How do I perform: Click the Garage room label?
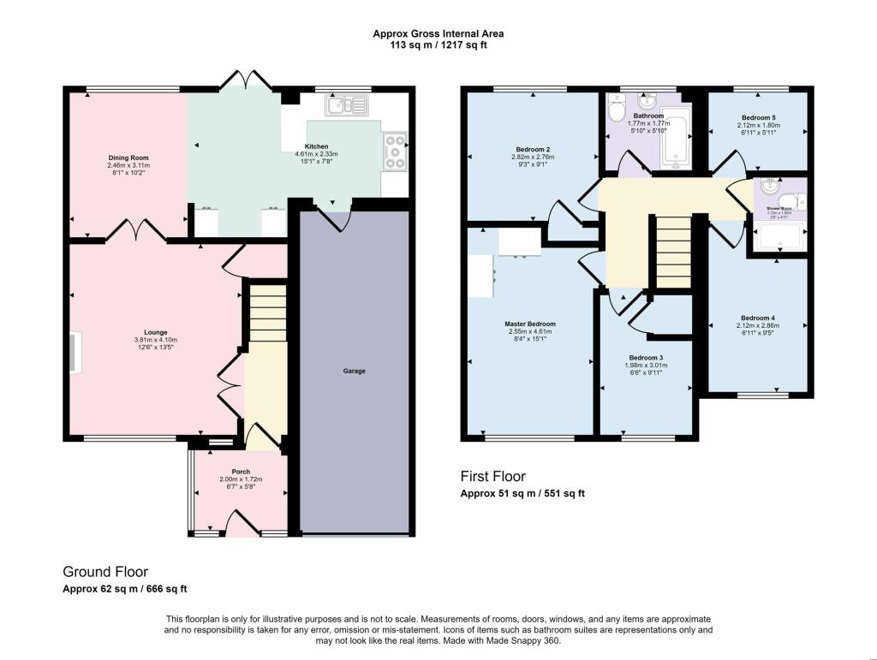(355, 371)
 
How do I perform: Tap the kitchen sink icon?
(345, 106)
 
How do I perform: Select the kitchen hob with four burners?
(396, 151)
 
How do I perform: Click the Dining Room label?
(128, 158)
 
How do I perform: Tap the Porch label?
(241, 471)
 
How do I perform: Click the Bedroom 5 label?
(758, 117)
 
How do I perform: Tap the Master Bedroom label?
(530, 324)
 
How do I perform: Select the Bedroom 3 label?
(646, 357)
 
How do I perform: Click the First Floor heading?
(492, 477)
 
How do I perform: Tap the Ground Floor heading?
(105, 571)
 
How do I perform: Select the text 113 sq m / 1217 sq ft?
(438, 45)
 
